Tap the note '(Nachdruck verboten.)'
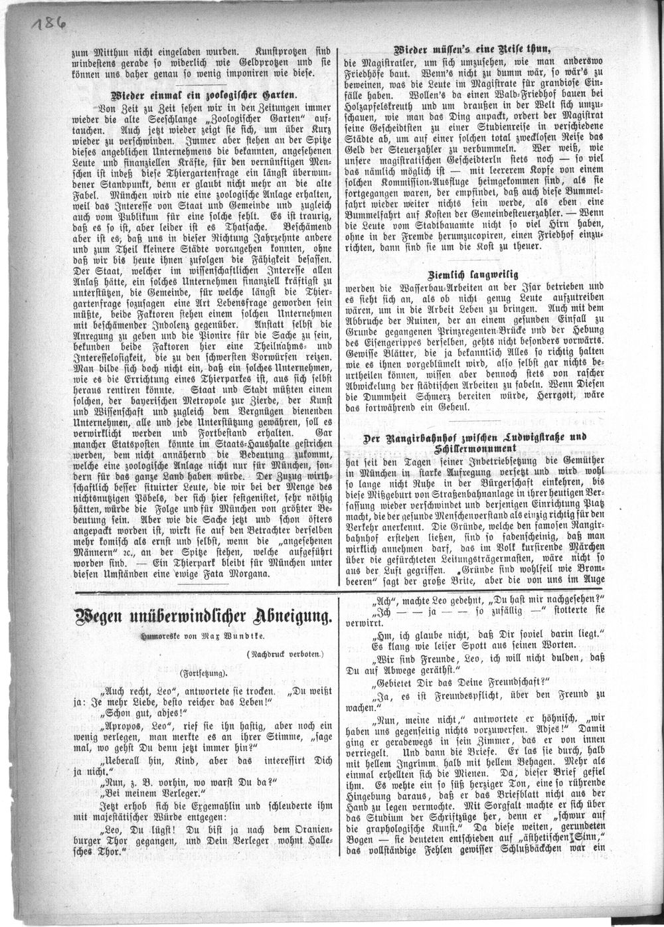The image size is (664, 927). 285,653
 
